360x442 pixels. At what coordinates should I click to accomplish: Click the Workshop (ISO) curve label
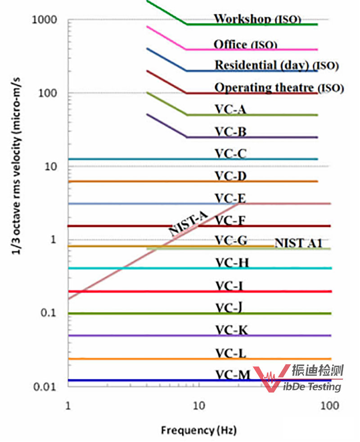pos(257,19)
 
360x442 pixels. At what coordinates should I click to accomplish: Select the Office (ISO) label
pos(245,45)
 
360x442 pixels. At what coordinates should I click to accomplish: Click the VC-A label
pos(230,109)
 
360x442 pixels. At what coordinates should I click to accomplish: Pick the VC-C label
pos(230,154)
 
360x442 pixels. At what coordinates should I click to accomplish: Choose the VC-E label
pos(230,198)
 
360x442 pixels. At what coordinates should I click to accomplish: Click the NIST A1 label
pos(298,243)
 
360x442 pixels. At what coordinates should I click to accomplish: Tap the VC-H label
pos(231,263)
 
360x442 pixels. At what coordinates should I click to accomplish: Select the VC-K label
pos(231,330)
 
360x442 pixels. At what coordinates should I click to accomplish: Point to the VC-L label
pos(231,353)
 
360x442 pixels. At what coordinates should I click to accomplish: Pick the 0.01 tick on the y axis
pos(45,387)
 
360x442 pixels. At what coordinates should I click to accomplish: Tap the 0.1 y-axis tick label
pos(48,313)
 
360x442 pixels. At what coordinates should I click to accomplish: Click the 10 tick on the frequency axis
pos(199,406)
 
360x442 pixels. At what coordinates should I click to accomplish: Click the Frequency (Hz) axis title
pos(198,430)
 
